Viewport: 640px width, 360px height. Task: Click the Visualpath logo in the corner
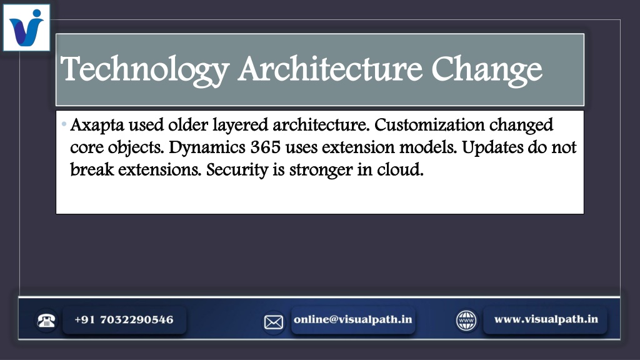tap(26, 27)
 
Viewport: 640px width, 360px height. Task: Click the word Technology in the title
tap(145, 69)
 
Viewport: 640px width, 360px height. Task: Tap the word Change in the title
tap(486, 70)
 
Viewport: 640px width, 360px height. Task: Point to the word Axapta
tap(97, 126)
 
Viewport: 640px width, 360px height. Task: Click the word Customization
tap(429, 124)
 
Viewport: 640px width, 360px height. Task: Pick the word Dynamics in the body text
tap(207, 147)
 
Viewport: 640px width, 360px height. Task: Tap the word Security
tap(237, 170)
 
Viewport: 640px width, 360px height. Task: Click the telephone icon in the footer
tap(46, 321)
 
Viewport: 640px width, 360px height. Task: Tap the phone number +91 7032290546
tap(124, 319)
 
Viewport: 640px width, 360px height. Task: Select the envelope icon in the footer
tap(274, 322)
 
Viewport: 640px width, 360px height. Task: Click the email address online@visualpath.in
tap(353, 319)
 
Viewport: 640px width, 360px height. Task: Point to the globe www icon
tap(466, 321)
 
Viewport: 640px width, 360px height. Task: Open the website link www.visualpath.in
tap(546, 319)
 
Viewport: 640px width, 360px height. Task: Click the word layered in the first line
tap(241, 126)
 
